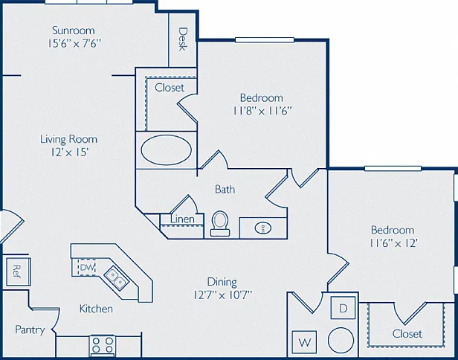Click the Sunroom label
74,30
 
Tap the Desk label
183,39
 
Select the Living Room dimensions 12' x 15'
70,152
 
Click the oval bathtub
167,150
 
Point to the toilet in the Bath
219,224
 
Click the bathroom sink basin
263,228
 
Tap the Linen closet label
183,219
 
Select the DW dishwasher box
87,267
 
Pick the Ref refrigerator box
18,271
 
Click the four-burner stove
103,345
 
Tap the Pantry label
30,330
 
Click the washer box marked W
305,342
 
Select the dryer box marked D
343,308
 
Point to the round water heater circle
341,340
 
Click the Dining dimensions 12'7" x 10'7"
222,295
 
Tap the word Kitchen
96,309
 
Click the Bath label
225,190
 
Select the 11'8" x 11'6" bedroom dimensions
262,111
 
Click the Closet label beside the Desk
170,88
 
